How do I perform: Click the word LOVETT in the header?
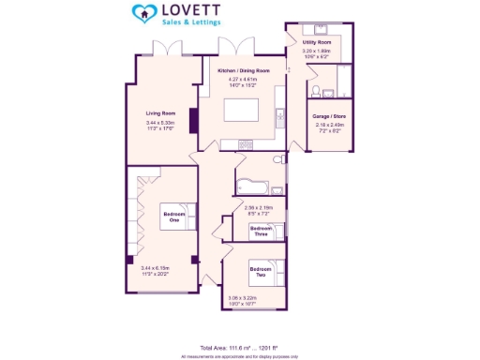pos(192,10)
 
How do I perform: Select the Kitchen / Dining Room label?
pos(243,71)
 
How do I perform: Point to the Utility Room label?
pos(316,42)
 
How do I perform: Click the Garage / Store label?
pos(327,116)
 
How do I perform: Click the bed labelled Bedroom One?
pos(176,218)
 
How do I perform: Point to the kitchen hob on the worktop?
pos(245,143)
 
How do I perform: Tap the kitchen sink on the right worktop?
pos(278,118)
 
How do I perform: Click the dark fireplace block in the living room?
pos(193,122)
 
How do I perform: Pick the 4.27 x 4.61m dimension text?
pos(242,80)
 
